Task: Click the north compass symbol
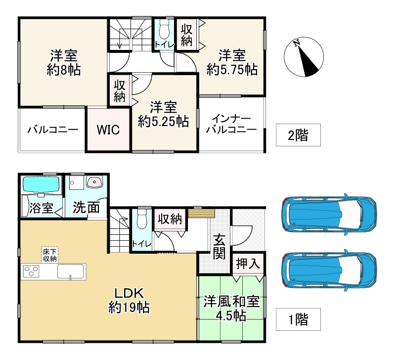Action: tap(304, 57)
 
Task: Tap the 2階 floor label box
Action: tap(298, 135)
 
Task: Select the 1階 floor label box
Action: tap(298, 319)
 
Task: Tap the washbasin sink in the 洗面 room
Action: tap(94, 182)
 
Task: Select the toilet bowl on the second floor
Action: tap(164, 28)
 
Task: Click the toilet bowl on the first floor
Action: tap(142, 219)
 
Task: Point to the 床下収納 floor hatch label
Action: tap(50, 255)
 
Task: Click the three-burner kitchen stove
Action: tap(31, 271)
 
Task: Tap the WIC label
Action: tap(108, 130)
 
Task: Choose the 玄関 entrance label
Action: tap(219, 247)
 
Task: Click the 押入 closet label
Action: tap(248, 264)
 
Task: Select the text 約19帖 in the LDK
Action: tap(129, 308)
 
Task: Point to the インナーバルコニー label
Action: tap(231, 124)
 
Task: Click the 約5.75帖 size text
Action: tap(232, 69)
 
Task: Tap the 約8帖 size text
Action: tap(64, 70)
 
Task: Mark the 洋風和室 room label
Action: tap(231, 302)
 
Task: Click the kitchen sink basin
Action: tap(71, 271)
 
